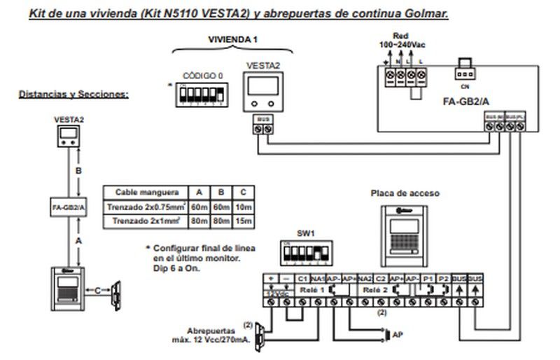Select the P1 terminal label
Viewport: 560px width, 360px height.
coord(427,279)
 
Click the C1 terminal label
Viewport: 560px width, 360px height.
coord(302,279)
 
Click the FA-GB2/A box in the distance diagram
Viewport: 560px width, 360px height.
coord(70,207)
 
